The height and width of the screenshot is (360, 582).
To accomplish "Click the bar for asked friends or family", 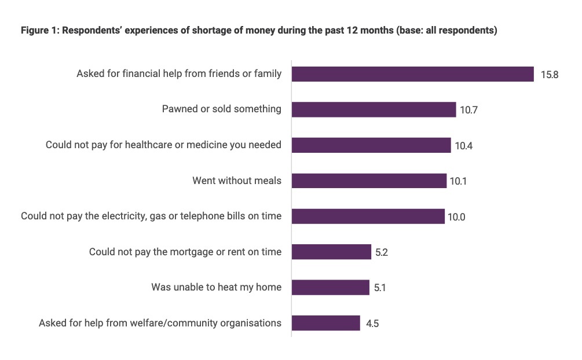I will tap(412, 74).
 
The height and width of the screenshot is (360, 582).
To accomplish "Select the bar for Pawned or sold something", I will tap(374, 109).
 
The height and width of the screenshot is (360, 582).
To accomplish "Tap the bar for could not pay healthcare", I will tap(371, 145).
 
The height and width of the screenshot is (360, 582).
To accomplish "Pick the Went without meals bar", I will tap(369, 181).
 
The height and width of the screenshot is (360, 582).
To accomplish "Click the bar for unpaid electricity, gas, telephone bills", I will tap(368, 216).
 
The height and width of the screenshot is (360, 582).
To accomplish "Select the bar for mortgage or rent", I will tap(331, 252).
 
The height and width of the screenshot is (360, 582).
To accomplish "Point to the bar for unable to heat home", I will tap(330, 288).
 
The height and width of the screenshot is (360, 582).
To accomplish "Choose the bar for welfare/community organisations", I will tap(325, 323).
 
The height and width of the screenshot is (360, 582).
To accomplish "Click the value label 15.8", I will tap(549, 75).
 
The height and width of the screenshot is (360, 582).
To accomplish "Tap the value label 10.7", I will tap(468, 110).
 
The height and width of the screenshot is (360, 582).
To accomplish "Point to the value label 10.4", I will tap(463, 146).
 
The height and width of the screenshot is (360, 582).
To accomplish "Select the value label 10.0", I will tap(456, 217).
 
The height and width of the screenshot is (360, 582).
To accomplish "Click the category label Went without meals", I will tap(237, 181).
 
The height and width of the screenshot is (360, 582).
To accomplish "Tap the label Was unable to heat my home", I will tap(216, 287).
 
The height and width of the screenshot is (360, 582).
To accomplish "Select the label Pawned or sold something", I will tap(221, 109).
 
